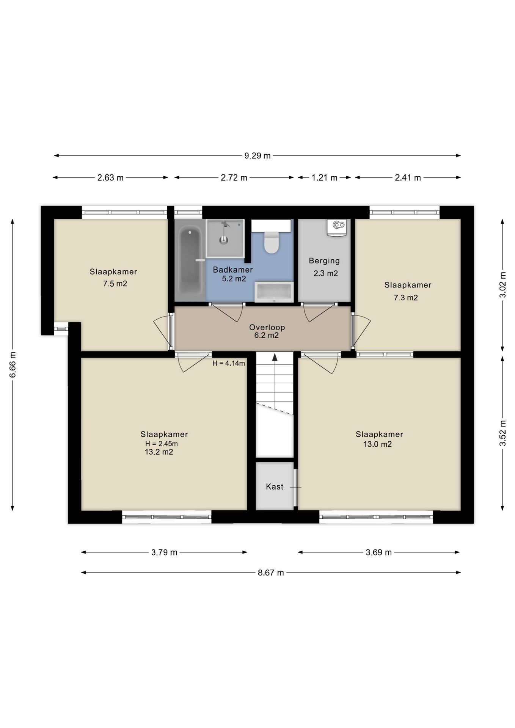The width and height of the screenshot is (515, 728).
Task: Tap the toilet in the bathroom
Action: point(271,243)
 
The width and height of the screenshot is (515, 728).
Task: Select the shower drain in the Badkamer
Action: point(224,239)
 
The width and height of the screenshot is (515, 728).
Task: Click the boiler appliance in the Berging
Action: point(337,227)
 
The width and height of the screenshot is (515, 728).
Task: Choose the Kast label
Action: point(275,486)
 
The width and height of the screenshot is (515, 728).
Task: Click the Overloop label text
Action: point(267,327)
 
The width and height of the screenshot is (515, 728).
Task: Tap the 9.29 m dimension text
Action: point(257,155)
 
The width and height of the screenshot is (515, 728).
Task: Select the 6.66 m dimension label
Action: point(13,364)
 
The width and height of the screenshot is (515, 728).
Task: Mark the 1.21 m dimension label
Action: point(324,177)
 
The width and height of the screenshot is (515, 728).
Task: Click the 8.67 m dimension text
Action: point(271,573)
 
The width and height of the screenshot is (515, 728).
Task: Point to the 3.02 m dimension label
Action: point(503,285)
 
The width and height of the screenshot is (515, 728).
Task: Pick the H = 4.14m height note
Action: point(229,363)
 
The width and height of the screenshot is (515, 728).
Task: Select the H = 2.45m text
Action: point(162,444)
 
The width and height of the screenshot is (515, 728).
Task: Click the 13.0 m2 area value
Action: point(378,444)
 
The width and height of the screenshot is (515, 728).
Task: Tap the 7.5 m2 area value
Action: point(115,284)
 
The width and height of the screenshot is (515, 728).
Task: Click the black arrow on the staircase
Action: point(275,357)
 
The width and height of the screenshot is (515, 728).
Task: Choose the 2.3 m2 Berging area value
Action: point(325,273)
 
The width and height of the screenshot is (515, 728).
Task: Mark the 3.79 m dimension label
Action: point(164,552)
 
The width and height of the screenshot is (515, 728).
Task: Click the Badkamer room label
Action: point(233,270)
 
